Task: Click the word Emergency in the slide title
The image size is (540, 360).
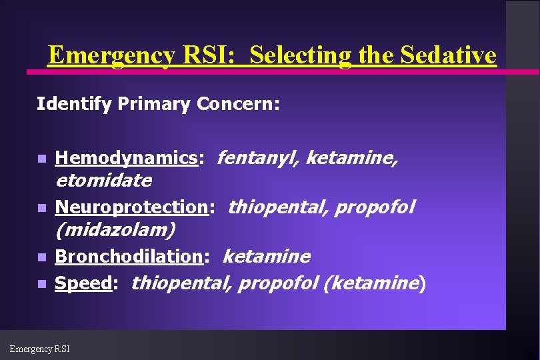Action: tap(111, 55)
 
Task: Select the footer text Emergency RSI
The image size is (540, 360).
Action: tap(39, 348)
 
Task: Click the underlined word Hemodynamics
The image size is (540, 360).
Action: tap(126, 158)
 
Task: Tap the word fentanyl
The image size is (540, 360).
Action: tap(251, 158)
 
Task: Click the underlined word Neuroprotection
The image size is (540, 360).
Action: tap(131, 207)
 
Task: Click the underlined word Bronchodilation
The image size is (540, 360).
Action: tap(128, 257)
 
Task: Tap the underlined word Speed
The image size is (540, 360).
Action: tap(83, 283)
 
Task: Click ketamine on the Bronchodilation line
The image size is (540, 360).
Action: tap(266, 257)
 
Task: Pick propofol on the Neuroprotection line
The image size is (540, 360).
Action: tap(374, 207)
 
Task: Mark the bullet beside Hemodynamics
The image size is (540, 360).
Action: tap(41, 159)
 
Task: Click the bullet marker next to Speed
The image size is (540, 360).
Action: tap(41, 285)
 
